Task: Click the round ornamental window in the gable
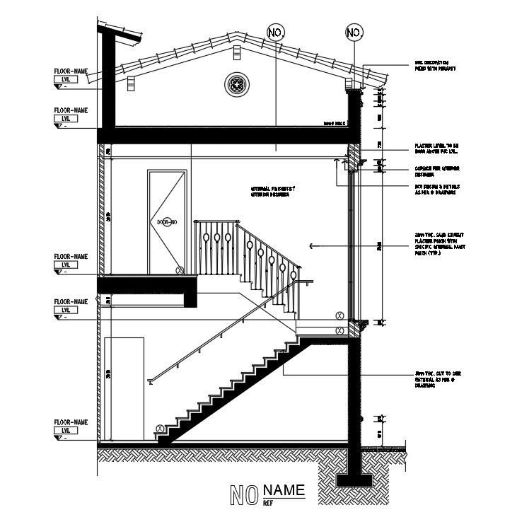point(237,86)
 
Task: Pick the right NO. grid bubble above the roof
point(354,33)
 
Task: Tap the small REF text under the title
point(268,503)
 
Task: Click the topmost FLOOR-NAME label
point(71,72)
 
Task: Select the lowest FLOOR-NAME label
point(71,422)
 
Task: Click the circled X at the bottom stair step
point(160,429)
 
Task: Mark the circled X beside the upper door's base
point(180,270)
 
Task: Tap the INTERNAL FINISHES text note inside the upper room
point(273,191)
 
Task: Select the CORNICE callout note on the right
point(433,171)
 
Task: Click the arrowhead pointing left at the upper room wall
point(311,245)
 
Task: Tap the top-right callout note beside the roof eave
point(434,66)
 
